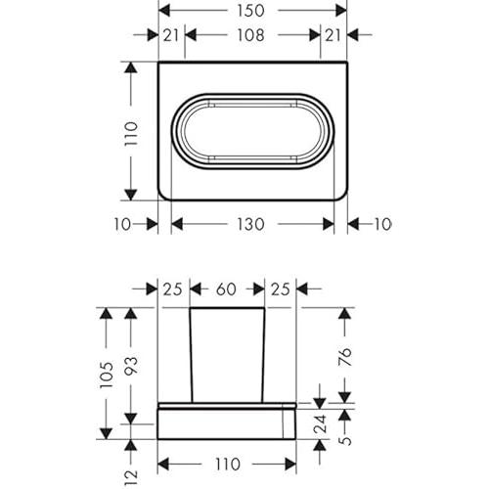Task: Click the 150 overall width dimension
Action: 250,11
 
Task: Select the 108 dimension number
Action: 250,35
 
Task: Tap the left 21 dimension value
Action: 171,35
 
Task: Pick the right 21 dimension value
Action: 333,35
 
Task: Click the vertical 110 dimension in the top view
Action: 131,134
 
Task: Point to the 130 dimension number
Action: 250,224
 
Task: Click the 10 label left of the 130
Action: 122,224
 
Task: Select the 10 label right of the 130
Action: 382,224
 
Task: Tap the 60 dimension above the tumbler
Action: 226,289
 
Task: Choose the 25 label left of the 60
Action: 172,289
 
